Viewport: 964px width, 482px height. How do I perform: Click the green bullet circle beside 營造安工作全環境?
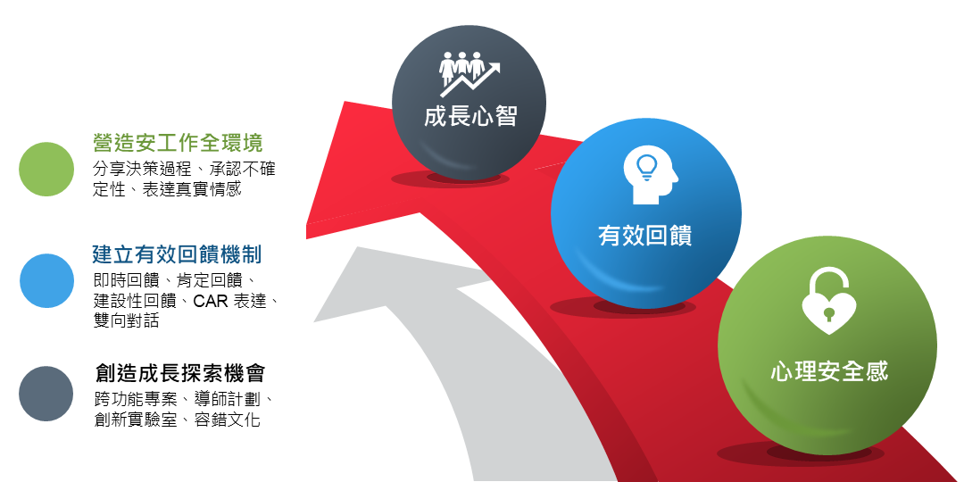pyautogui.click(x=46, y=169)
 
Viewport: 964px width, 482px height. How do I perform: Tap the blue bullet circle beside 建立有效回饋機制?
pyautogui.click(x=46, y=281)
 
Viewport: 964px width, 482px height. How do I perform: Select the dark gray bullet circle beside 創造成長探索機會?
pyautogui.click(x=46, y=394)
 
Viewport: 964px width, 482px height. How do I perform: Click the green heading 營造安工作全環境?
pyautogui.click(x=178, y=143)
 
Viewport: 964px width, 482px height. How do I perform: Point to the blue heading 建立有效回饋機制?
pyautogui.click(x=177, y=253)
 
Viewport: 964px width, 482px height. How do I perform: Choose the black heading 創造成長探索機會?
pyautogui.click(x=180, y=372)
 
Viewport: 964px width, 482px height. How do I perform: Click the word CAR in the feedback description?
pyautogui.click(x=212, y=302)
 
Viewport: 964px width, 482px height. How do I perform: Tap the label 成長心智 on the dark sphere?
pyautogui.click(x=470, y=116)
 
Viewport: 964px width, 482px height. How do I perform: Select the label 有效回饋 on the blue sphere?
pyautogui.click(x=645, y=236)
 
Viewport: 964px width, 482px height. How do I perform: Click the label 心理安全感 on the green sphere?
pyautogui.click(x=829, y=372)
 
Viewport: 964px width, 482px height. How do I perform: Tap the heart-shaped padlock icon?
pyautogui.click(x=828, y=302)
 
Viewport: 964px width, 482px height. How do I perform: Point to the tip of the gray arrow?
pyautogui.click(x=357, y=247)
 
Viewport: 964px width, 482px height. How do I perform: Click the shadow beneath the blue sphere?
pyautogui.click(x=623, y=307)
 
